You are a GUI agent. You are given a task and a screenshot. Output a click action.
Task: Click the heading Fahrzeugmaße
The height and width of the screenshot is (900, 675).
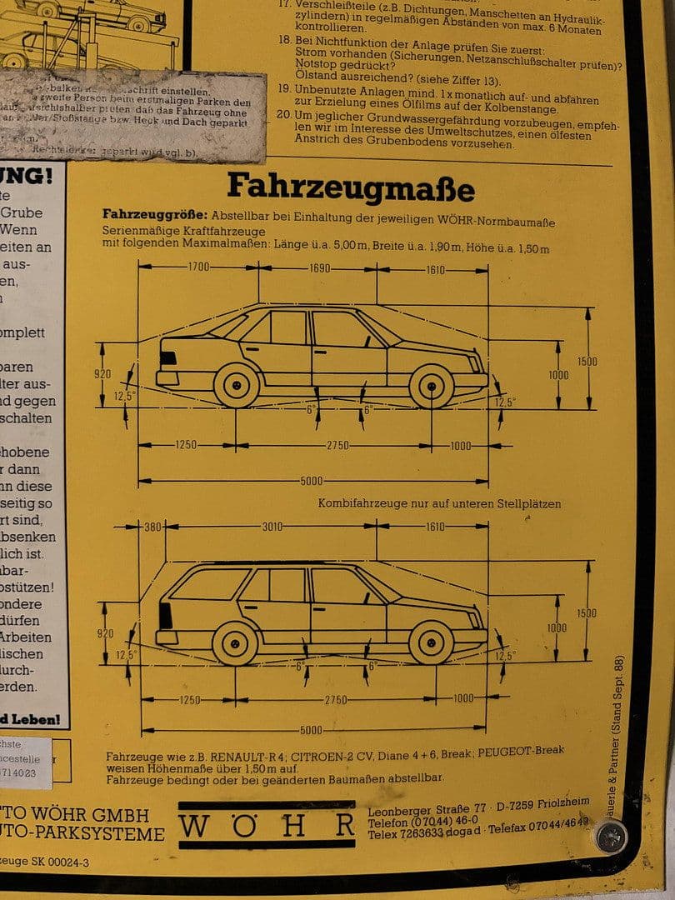click(x=350, y=187)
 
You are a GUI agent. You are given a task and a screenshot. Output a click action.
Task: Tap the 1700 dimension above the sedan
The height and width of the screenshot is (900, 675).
click(x=198, y=267)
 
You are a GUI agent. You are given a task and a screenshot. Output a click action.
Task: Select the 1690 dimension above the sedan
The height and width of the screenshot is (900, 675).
click(x=319, y=268)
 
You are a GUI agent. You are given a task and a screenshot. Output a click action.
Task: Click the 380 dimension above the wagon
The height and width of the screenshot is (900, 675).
click(x=152, y=527)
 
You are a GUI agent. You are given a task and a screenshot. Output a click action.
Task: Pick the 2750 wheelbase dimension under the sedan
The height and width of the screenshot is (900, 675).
click(x=337, y=445)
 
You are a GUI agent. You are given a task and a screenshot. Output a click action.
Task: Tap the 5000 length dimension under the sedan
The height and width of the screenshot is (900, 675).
click(x=311, y=481)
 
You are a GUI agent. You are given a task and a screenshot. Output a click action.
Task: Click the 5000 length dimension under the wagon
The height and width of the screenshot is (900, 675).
click(x=311, y=731)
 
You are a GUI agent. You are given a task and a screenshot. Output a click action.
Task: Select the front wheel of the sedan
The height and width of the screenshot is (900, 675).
click(x=432, y=386)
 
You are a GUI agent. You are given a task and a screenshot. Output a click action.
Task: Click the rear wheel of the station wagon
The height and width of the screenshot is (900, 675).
click(x=235, y=643)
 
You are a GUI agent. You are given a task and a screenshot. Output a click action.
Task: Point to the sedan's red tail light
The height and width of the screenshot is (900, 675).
click(x=168, y=357)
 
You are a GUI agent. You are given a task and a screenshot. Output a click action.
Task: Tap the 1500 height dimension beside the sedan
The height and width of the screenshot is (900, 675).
click(x=587, y=361)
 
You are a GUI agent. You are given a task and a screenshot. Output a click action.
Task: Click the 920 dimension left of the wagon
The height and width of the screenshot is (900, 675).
click(x=105, y=633)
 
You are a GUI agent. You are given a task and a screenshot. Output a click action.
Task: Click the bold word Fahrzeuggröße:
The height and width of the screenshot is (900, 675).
click(x=154, y=214)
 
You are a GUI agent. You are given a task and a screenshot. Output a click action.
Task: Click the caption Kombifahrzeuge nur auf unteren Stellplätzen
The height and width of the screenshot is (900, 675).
click(x=439, y=503)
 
